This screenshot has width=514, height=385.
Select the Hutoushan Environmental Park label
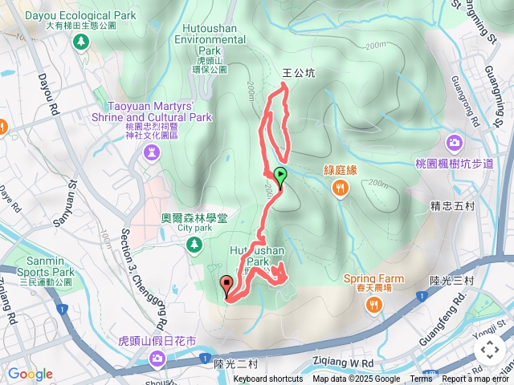203,38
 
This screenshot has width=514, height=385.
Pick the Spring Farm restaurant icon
374,305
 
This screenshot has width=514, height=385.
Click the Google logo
31,374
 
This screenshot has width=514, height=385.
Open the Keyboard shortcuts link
268,379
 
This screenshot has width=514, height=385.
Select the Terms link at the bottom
421,379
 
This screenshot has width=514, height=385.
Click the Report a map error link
475,379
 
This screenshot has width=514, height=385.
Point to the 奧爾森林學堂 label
194,217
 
